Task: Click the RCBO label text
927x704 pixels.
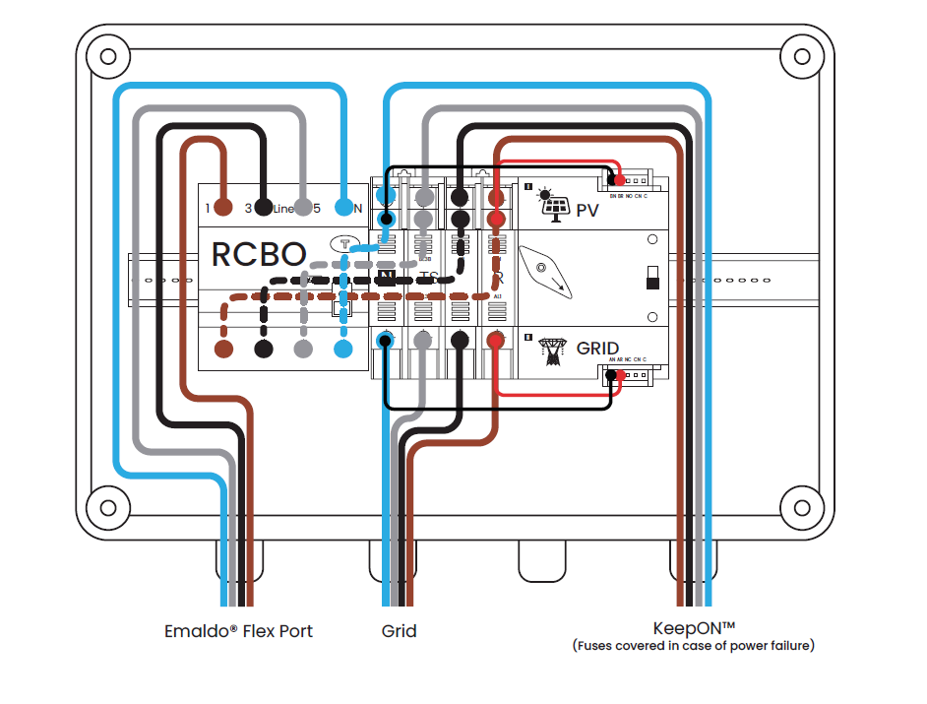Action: coord(259,255)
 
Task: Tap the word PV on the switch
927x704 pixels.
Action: coord(587,210)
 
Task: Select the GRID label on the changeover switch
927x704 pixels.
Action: coord(597,349)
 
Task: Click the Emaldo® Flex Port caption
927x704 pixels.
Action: coord(238,630)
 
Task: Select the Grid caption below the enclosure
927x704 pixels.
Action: coord(399,630)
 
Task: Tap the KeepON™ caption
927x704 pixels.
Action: coord(694,627)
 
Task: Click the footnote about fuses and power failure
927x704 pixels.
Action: coord(694,646)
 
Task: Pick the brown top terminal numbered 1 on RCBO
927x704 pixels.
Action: coord(223,208)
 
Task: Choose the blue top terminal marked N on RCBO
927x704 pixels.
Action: coord(343,208)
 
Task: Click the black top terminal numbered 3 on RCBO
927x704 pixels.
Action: coord(264,208)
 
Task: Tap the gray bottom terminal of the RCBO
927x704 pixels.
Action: coord(304,349)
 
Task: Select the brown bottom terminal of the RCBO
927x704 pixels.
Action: coord(223,349)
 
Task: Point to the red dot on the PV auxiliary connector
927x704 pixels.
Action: coord(621,179)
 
